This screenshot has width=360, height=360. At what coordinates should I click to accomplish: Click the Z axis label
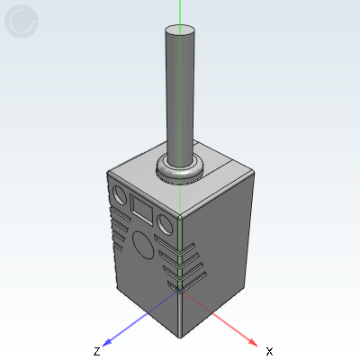point(96,350)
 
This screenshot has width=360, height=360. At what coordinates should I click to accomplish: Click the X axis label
point(269,350)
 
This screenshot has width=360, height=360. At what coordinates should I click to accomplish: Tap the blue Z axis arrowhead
point(107,341)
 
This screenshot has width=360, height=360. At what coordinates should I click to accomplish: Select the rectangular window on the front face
point(142,211)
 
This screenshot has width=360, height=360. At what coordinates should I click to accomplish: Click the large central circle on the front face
point(142,243)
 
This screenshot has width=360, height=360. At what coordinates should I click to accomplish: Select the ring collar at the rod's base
point(179,169)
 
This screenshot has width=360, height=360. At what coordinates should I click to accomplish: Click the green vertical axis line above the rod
point(180,11)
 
